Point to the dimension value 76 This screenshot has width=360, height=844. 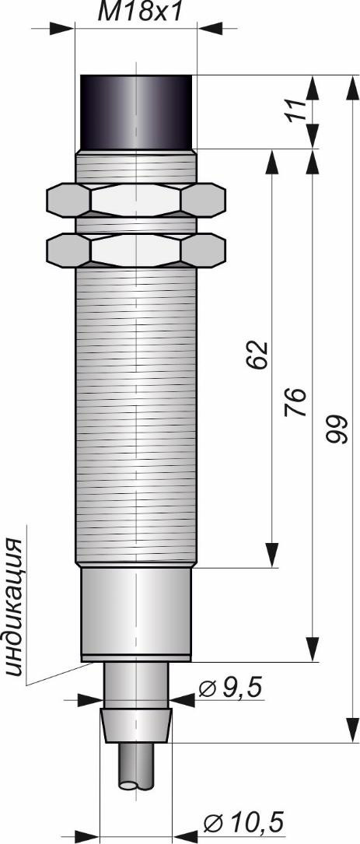tap(295, 401)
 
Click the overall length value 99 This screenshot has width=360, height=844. tap(334, 429)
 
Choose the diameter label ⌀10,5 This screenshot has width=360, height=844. tap(244, 822)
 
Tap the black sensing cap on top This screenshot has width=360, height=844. tap(136, 112)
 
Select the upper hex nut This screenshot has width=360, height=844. tap(136, 200)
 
